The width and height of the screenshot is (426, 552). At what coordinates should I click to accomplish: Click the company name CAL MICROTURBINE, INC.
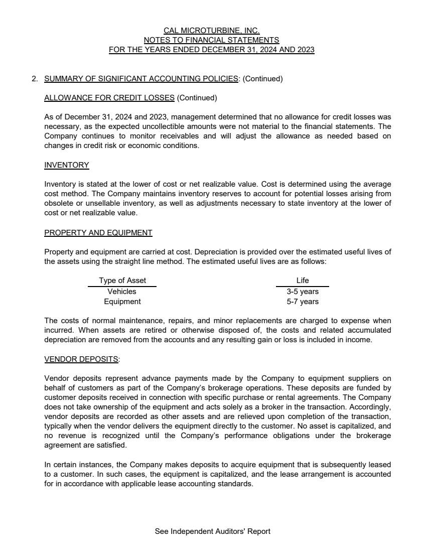(x=211, y=31)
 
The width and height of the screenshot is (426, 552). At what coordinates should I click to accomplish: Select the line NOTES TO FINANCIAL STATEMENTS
(x=211, y=40)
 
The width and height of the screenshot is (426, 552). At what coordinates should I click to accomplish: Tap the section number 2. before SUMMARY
(x=35, y=79)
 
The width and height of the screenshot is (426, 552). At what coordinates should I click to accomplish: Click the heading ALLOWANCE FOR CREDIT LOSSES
(x=109, y=98)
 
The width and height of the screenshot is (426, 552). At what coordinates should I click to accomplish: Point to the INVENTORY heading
(x=67, y=165)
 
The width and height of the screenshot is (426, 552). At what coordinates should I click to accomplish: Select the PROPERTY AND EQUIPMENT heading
(x=98, y=233)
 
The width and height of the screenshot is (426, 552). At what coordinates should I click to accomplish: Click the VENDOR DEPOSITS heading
(x=82, y=359)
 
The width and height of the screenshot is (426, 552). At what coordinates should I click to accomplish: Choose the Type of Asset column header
(x=122, y=281)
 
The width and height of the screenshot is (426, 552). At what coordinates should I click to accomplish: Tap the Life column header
(x=303, y=281)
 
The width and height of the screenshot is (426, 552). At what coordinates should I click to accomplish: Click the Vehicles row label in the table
(x=122, y=291)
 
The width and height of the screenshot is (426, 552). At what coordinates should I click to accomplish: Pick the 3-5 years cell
(x=303, y=291)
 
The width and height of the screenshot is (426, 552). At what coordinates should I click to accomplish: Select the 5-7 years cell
(x=303, y=302)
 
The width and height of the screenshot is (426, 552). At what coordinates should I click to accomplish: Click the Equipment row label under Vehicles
(x=122, y=302)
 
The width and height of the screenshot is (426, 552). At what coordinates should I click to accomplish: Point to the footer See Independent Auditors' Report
(x=213, y=531)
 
